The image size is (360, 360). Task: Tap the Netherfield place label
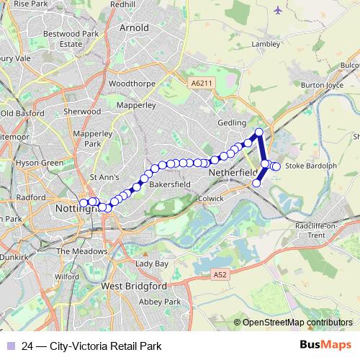(x=232, y=174)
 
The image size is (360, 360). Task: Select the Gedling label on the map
(x=232, y=123)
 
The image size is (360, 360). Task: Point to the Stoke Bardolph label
(x=311, y=166)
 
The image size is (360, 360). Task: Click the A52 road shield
(x=220, y=274)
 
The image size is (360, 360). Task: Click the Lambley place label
(x=266, y=43)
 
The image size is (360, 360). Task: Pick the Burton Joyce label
(x=322, y=84)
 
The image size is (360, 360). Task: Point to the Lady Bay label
(x=151, y=264)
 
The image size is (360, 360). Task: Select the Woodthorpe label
(x=132, y=84)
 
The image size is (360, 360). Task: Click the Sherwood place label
(x=82, y=112)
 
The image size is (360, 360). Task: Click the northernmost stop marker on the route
(x=259, y=132)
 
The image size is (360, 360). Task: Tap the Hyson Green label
(x=40, y=163)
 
